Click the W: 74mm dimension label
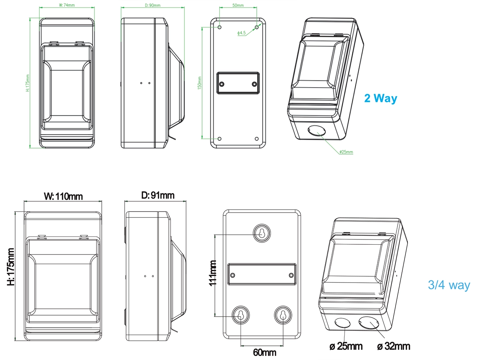tap(67, 5)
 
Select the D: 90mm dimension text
tap(152, 5)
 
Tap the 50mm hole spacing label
tap(238, 5)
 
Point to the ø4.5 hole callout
tap(241, 33)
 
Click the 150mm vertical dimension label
tap(199, 83)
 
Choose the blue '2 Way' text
tap(381, 98)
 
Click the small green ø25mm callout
tap(346, 152)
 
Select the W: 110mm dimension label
tap(63, 196)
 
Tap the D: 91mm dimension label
tap(158, 195)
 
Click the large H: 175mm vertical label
tap(11, 266)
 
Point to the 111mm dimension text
tap(213, 273)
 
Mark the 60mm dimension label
tap(265, 352)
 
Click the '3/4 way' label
tap(449, 285)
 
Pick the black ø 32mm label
tap(394, 346)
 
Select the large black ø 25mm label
tap(346, 346)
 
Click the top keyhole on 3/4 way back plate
tap(262, 233)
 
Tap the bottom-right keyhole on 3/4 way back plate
tap(283, 315)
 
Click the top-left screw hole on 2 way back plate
tap(220, 27)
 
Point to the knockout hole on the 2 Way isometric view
tap(317, 131)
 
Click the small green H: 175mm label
tap(27, 83)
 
